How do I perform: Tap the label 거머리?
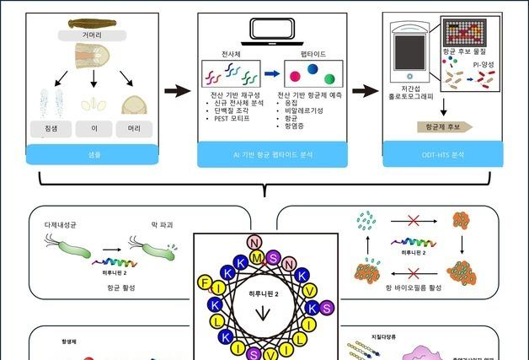pyautogui.click(x=93, y=35)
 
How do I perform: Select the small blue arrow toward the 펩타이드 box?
pyautogui.click(x=271, y=73)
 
